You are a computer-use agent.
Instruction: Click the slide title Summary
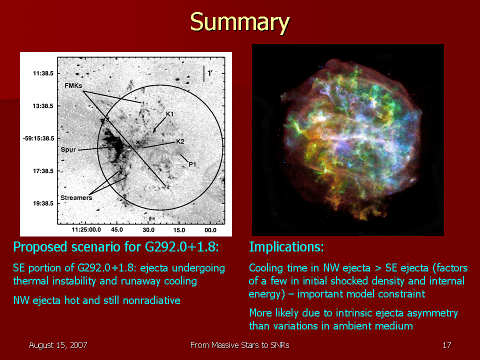coord(239,21)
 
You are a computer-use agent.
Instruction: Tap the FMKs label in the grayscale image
coord(73,85)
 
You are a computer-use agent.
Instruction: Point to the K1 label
coord(169,114)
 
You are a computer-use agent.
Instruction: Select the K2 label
coord(180,141)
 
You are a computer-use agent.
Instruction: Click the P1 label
coord(192,164)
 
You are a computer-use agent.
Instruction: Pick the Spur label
coord(68,149)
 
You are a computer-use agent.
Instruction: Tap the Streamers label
coord(76,198)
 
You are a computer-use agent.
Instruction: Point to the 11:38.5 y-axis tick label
coord(43,73)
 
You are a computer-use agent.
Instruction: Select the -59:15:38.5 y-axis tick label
coord(38,138)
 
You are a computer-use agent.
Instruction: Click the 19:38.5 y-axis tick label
coord(43,203)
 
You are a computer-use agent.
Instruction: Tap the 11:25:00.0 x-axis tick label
coord(86,229)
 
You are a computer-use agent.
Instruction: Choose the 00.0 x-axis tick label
coord(210,230)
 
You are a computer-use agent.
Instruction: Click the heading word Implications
coord(286,246)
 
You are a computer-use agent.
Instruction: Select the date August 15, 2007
coord(58,345)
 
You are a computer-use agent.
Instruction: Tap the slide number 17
coord(447,345)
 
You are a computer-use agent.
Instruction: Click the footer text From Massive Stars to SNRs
coord(239,345)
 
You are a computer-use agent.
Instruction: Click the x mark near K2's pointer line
coord(138,142)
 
